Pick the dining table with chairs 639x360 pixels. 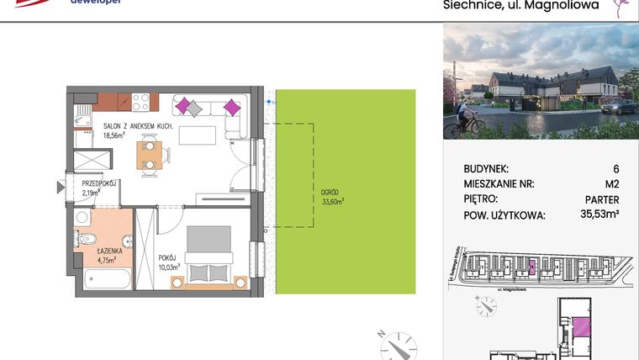[151, 155]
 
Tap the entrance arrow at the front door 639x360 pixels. [61, 186]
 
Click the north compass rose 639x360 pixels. [396, 346]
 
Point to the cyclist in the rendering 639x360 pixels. [461, 124]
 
